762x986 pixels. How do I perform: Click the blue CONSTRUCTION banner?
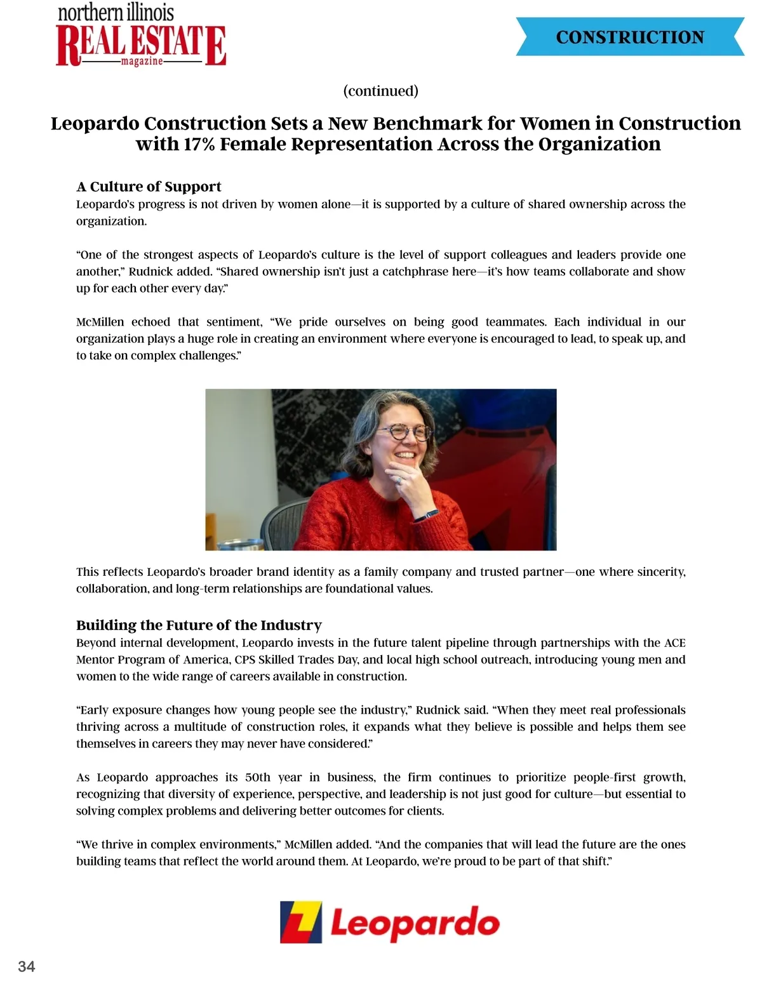(630, 37)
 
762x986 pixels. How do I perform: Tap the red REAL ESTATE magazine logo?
(141, 44)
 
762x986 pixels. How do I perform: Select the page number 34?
(27, 966)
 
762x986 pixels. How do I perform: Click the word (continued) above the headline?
(380, 91)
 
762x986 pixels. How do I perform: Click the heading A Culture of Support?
(149, 187)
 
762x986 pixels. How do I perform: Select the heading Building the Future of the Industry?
(199, 625)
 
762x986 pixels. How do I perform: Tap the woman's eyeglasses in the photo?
(403, 433)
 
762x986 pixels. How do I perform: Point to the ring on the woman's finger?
(400, 481)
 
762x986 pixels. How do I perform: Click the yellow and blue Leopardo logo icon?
(301, 922)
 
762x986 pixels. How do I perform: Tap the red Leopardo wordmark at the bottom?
(415, 924)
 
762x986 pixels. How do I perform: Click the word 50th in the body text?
(258, 777)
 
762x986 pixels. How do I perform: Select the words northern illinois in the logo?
(116, 12)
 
